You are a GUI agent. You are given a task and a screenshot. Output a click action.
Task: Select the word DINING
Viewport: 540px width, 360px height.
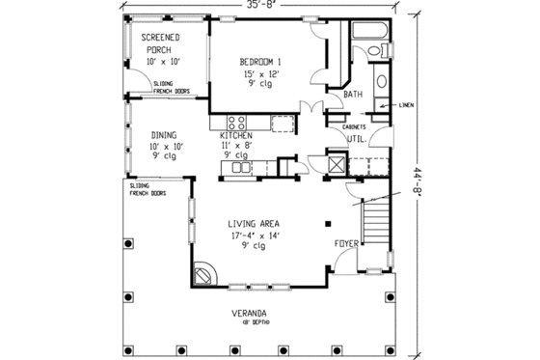click(161, 136)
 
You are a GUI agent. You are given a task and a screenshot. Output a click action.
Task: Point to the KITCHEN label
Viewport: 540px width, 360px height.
click(236, 136)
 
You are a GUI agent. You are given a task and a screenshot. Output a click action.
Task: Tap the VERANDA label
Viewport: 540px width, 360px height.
click(249, 314)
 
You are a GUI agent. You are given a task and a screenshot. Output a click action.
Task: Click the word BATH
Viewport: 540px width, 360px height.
click(354, 95)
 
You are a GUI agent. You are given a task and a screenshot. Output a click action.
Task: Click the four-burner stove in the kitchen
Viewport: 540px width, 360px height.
click(236, 122)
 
